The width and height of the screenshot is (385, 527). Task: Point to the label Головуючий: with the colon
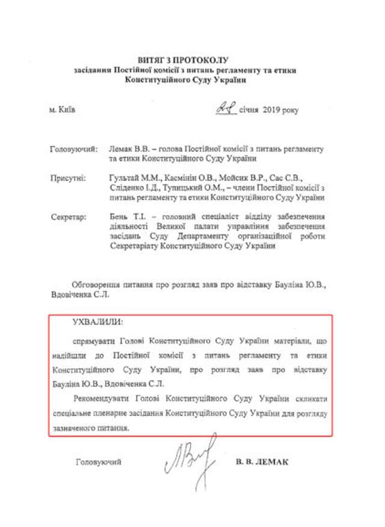tap(73, 148)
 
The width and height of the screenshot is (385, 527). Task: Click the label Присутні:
tap(68, 178)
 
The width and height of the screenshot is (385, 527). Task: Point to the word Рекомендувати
tap(102, 400)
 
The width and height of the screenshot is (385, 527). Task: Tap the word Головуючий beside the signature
tap(99, 462)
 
